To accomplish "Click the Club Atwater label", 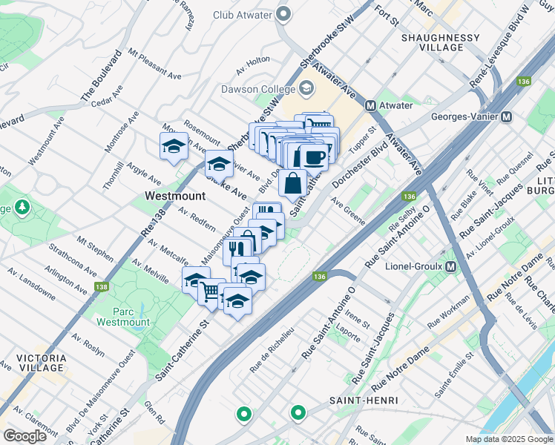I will pyautogui.click(x=241, y=14).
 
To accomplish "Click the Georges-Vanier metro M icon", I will pyautogui.click(x=507, y=116).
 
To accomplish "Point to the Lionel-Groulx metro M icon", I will pyautogui.click(x=450, y=266).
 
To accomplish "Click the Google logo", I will pyautogui.click(x=25, y=436).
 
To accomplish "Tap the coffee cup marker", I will pyautogui.click(x=313, y=156).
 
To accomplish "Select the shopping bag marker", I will pyautogui.click(x=293, y=182).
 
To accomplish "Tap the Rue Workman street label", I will pyautogui.click(x=448, y=311).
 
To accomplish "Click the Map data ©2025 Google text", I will pyautogui.click(x=509, y=439).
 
